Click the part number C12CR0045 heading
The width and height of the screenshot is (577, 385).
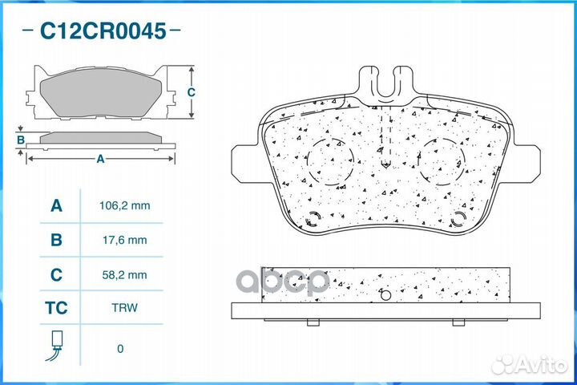pos(103,32)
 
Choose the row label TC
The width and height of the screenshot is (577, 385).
pos(56,308)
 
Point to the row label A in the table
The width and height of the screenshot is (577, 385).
pos(56,206)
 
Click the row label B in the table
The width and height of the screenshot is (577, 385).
pos(56,240)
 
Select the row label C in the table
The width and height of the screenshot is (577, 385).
pos(56,275)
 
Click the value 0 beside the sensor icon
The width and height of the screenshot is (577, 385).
pos(120,349)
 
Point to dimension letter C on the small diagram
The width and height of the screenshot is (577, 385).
pos(191,92)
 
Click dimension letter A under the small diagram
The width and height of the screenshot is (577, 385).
pos(100,159)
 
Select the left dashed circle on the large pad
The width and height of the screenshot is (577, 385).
pos(330,160)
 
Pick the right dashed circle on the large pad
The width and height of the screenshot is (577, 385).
pos(440,160)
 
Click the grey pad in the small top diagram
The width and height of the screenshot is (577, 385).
pos(100,95)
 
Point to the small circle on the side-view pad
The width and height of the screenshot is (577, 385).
pos(385,294)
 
